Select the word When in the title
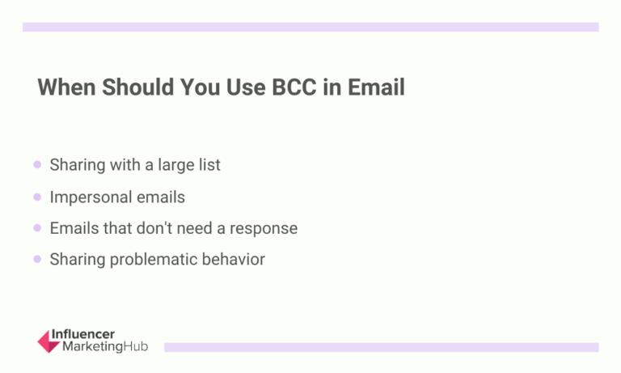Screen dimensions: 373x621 point(65,87)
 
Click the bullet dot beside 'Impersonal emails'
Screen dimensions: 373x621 point(37,197)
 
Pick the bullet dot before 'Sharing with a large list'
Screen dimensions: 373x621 point(37,165)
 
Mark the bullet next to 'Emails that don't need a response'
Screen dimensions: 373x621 point(37,228)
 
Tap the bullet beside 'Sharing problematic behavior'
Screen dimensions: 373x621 point(37,260)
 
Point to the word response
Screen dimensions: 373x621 point(264,228)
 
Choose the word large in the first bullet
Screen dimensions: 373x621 point(184,165)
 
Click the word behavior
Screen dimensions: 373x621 point(234,260)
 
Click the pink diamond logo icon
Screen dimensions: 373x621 point(48,341)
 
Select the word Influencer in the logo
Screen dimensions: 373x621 point(82,334)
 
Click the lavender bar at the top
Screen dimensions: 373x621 point(310,27)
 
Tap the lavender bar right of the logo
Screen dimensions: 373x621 point(381,347)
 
